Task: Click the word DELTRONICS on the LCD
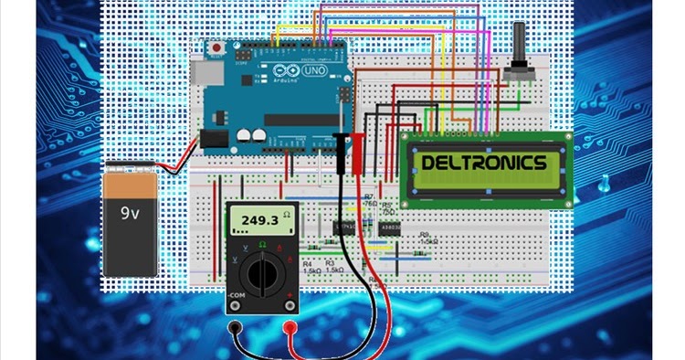[x=484, y=164]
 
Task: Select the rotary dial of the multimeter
[x=263, y=272]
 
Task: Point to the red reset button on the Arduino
[x=216, y=47]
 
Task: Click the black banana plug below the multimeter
[x=237, y=327]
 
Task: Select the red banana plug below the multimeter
[x=290, y=327]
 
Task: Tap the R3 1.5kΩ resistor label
[x=333, y=268]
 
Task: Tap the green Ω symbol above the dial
[x=263, y=244]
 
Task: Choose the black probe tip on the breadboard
[x=341, y=146]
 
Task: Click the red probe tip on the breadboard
[x=358, y=146]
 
